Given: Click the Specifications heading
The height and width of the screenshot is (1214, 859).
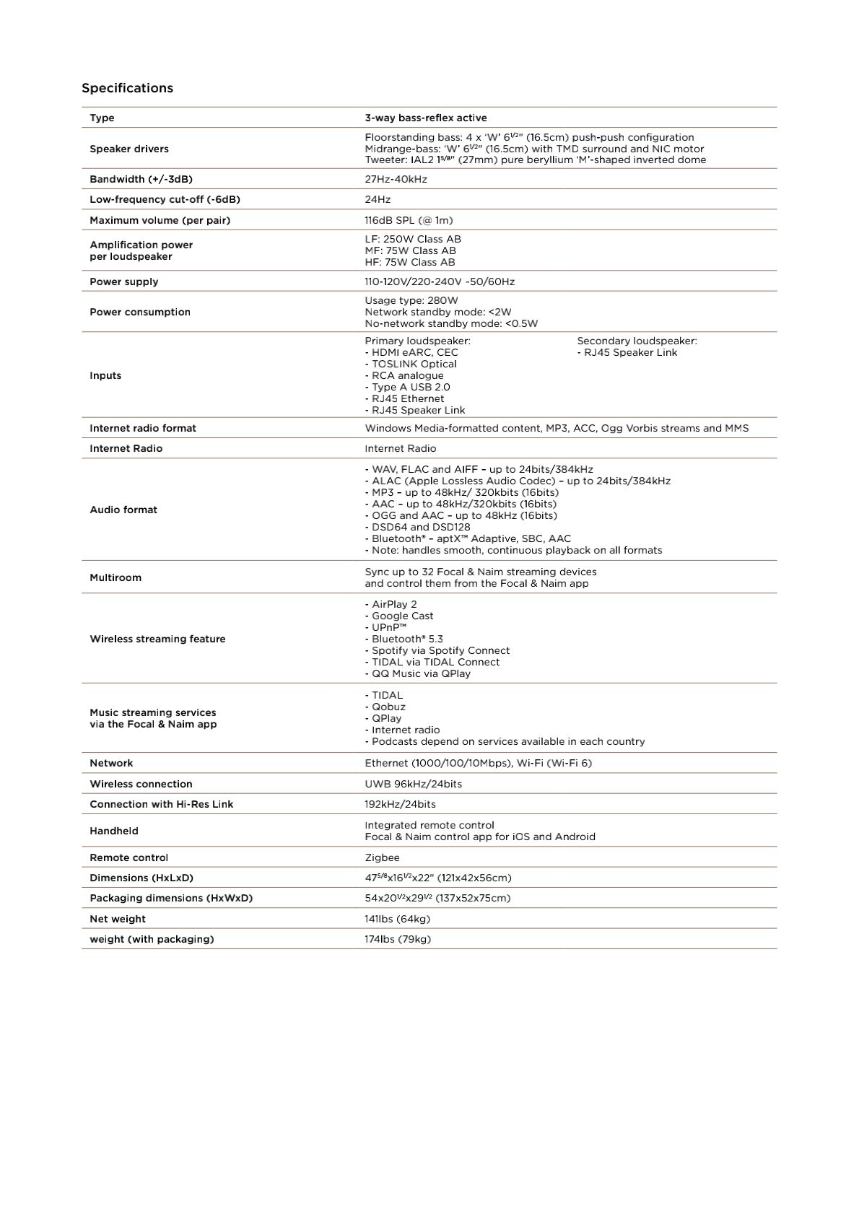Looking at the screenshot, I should pyautogui.click(x=127, y=88).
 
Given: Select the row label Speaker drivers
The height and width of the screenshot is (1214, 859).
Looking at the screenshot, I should pyautogui.click(x=129, y=149).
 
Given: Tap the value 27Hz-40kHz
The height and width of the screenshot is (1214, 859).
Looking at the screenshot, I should pyautogui.click(x=396, y=179).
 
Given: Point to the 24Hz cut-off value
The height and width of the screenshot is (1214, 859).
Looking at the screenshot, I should pyautogui.click(x=378, y=199).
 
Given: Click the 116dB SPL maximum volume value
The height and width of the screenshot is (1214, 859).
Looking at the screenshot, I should pyautogui.click(x=409, y=220).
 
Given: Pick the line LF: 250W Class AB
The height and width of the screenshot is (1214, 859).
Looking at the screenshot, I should pyautogui.click(x=413, y=239).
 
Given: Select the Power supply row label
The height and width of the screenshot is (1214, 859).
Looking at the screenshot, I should pyautogui.click(x=124, y=281).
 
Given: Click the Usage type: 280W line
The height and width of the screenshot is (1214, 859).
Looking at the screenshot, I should pyautogui.click(x=411, y=300).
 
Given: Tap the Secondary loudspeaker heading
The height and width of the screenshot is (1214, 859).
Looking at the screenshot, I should pyautogui.click(x=637, y=341).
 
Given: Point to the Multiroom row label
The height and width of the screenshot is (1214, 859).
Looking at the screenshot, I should pyautogui.click(x=115, y=577).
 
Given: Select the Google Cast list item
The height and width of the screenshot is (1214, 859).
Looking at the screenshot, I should pyautogui.click(x=401, y=616).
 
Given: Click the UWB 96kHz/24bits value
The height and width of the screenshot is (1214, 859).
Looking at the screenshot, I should pyautogui.click(x=413, y=784).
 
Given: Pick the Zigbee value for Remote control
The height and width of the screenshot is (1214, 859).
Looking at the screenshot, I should pyautogui.click(x=382, y=857).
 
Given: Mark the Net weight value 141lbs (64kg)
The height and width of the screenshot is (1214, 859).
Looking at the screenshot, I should pyautogui.click(x=397, y=919).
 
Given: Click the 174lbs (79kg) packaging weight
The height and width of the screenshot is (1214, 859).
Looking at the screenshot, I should pyautogui.click(x=398, y=939).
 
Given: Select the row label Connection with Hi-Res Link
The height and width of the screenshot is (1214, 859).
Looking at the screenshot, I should pyautogui.click(x=162, y=804).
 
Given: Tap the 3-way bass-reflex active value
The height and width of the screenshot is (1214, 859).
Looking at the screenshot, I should pyautogui.click(x=426, y=118).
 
